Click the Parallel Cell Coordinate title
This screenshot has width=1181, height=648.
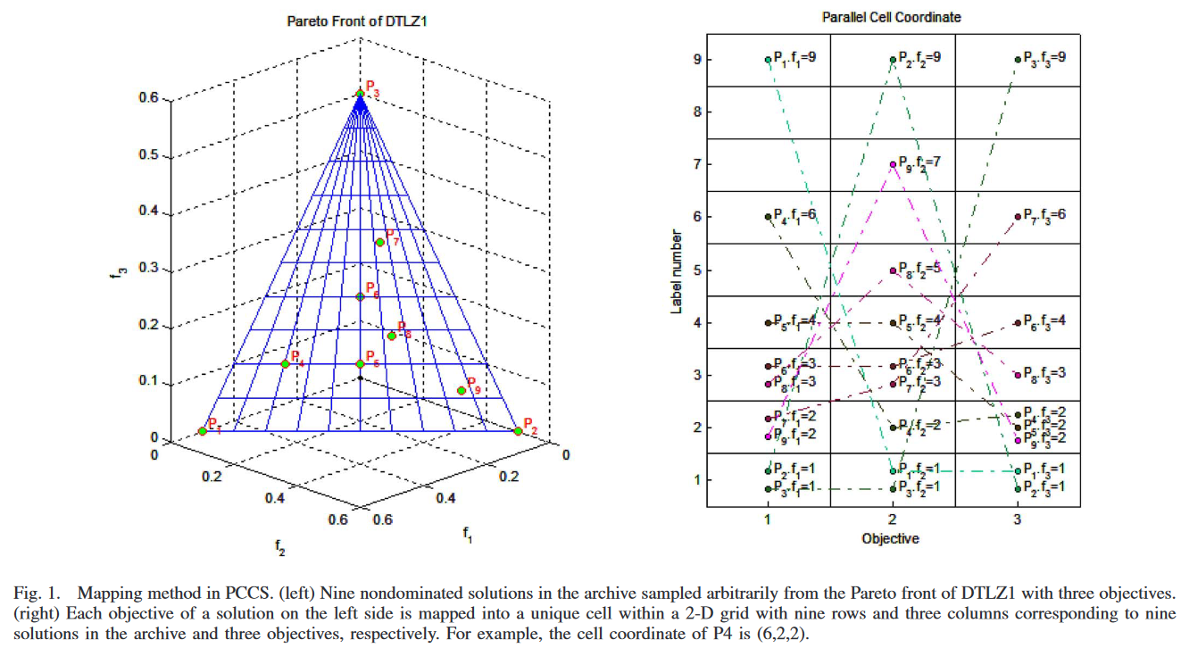pos(893,17)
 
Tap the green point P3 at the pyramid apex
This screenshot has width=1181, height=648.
pos(360,94)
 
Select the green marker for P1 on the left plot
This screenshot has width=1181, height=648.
pos(203,431)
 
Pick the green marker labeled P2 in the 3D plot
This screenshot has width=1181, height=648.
pos(519,431)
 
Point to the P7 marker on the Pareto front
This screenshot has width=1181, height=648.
pos(379,243)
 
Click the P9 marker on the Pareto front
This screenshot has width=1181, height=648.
pos(462,390)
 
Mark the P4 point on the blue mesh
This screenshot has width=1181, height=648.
pos(286,363)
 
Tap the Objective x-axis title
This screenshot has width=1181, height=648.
pos(890,539)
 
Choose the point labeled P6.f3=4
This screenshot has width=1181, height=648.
pos(1018,322)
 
